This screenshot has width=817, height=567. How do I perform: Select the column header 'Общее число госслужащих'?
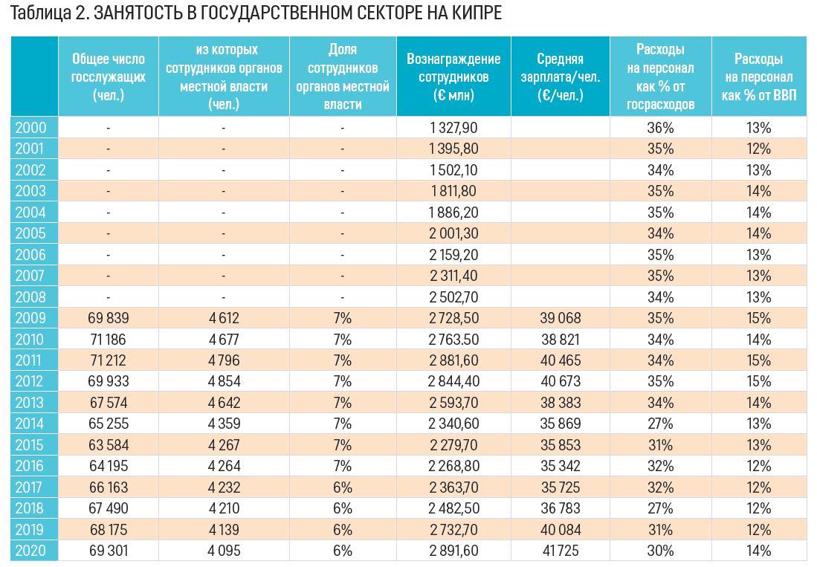pos(108,77)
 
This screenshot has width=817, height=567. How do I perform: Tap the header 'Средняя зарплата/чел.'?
pos(561,77)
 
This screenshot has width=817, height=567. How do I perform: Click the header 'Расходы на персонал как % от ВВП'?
pos(758,77)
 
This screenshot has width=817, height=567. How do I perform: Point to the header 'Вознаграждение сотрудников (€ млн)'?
pos(453,77)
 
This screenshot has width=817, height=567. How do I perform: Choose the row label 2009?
pos(30,318)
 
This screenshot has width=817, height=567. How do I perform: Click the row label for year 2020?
pos(30,551)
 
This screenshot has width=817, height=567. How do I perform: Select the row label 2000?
pos(30,128)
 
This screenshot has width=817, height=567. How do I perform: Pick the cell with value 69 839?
pos(108,318)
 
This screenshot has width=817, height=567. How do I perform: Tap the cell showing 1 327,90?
pos(453,128)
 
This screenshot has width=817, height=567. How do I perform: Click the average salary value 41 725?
pos(561,551)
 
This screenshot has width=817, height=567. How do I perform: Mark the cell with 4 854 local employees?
pos(223,382)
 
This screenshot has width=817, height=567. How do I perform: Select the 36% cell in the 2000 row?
pos(660,128)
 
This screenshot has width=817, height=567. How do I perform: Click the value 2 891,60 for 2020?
pos(453,551)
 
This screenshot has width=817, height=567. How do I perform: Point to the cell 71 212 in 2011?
pos(108,360)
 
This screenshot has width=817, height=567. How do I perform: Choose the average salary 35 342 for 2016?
pos(561,466)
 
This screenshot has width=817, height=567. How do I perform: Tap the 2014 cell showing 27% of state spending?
pos(660,424)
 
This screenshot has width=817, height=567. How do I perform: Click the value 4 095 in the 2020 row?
pos(223,551)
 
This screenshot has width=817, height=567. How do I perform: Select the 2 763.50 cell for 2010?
pos(453,340)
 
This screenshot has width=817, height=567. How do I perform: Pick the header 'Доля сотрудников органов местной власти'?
pos(342,77)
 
